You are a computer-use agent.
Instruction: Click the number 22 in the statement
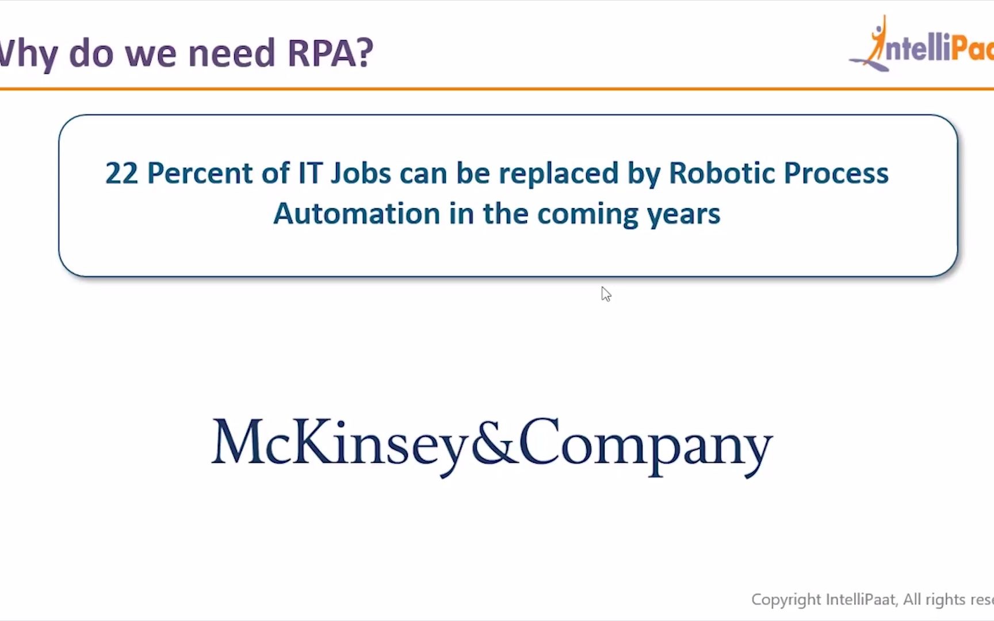click(x=121, y=173)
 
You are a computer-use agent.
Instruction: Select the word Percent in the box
click(x=199, y=173)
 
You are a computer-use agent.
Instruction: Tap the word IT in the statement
click(x=309, y=173)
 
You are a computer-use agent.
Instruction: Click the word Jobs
click(x=361, y=173)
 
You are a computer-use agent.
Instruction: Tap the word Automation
click(x=357, y=214)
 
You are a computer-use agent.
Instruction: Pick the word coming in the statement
click(x=587, y=214)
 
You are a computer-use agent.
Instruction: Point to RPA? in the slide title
click(x=330, y=53)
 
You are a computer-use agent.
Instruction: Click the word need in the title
click(x=231, y=53)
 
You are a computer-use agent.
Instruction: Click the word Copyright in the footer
click(x=786, y=600)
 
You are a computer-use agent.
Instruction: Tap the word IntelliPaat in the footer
click(x=861, y=600)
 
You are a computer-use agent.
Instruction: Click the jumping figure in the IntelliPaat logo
click(x=877, y=40)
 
